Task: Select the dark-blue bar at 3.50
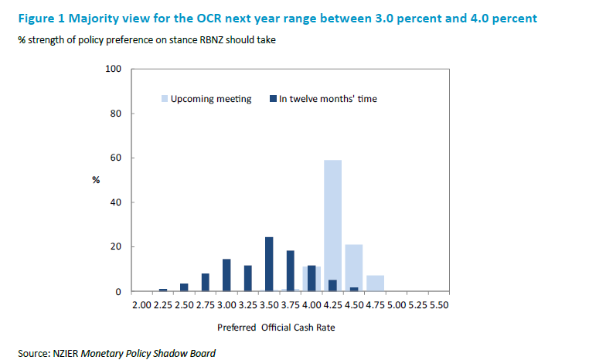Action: click(269, 264)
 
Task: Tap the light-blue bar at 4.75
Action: click(375, 283)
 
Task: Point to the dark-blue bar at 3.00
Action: click(226, 275)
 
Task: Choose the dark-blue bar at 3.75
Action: click(291, 270)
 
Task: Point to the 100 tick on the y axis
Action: click(114, 70)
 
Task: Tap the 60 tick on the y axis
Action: click(117, 158)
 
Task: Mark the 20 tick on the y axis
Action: click(117, 247)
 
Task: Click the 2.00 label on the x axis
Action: click(142, 305)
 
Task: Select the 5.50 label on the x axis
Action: click(437, 305)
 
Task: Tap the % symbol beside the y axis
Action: click(97, 180)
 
